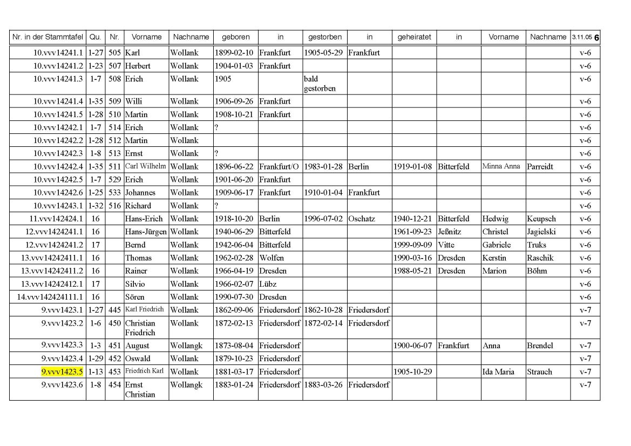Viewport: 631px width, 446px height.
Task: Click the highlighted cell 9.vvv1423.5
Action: point(62,371)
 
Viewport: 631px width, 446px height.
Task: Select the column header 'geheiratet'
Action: point(414,37)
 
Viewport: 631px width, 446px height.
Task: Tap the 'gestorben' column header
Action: point(324,37)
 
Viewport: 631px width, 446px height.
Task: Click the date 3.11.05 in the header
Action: point(582,37)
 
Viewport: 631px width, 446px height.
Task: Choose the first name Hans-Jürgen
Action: point(146,232)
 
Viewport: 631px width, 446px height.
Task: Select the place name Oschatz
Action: point(362,219)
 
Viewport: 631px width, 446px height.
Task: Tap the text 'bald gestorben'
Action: point(320,83)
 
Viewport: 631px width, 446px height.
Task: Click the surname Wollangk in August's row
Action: point(186,346)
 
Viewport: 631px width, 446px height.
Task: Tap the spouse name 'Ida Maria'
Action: point(498,371)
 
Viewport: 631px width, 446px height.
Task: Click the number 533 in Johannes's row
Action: point(114,192)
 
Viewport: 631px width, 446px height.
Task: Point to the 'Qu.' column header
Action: point(95,37)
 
